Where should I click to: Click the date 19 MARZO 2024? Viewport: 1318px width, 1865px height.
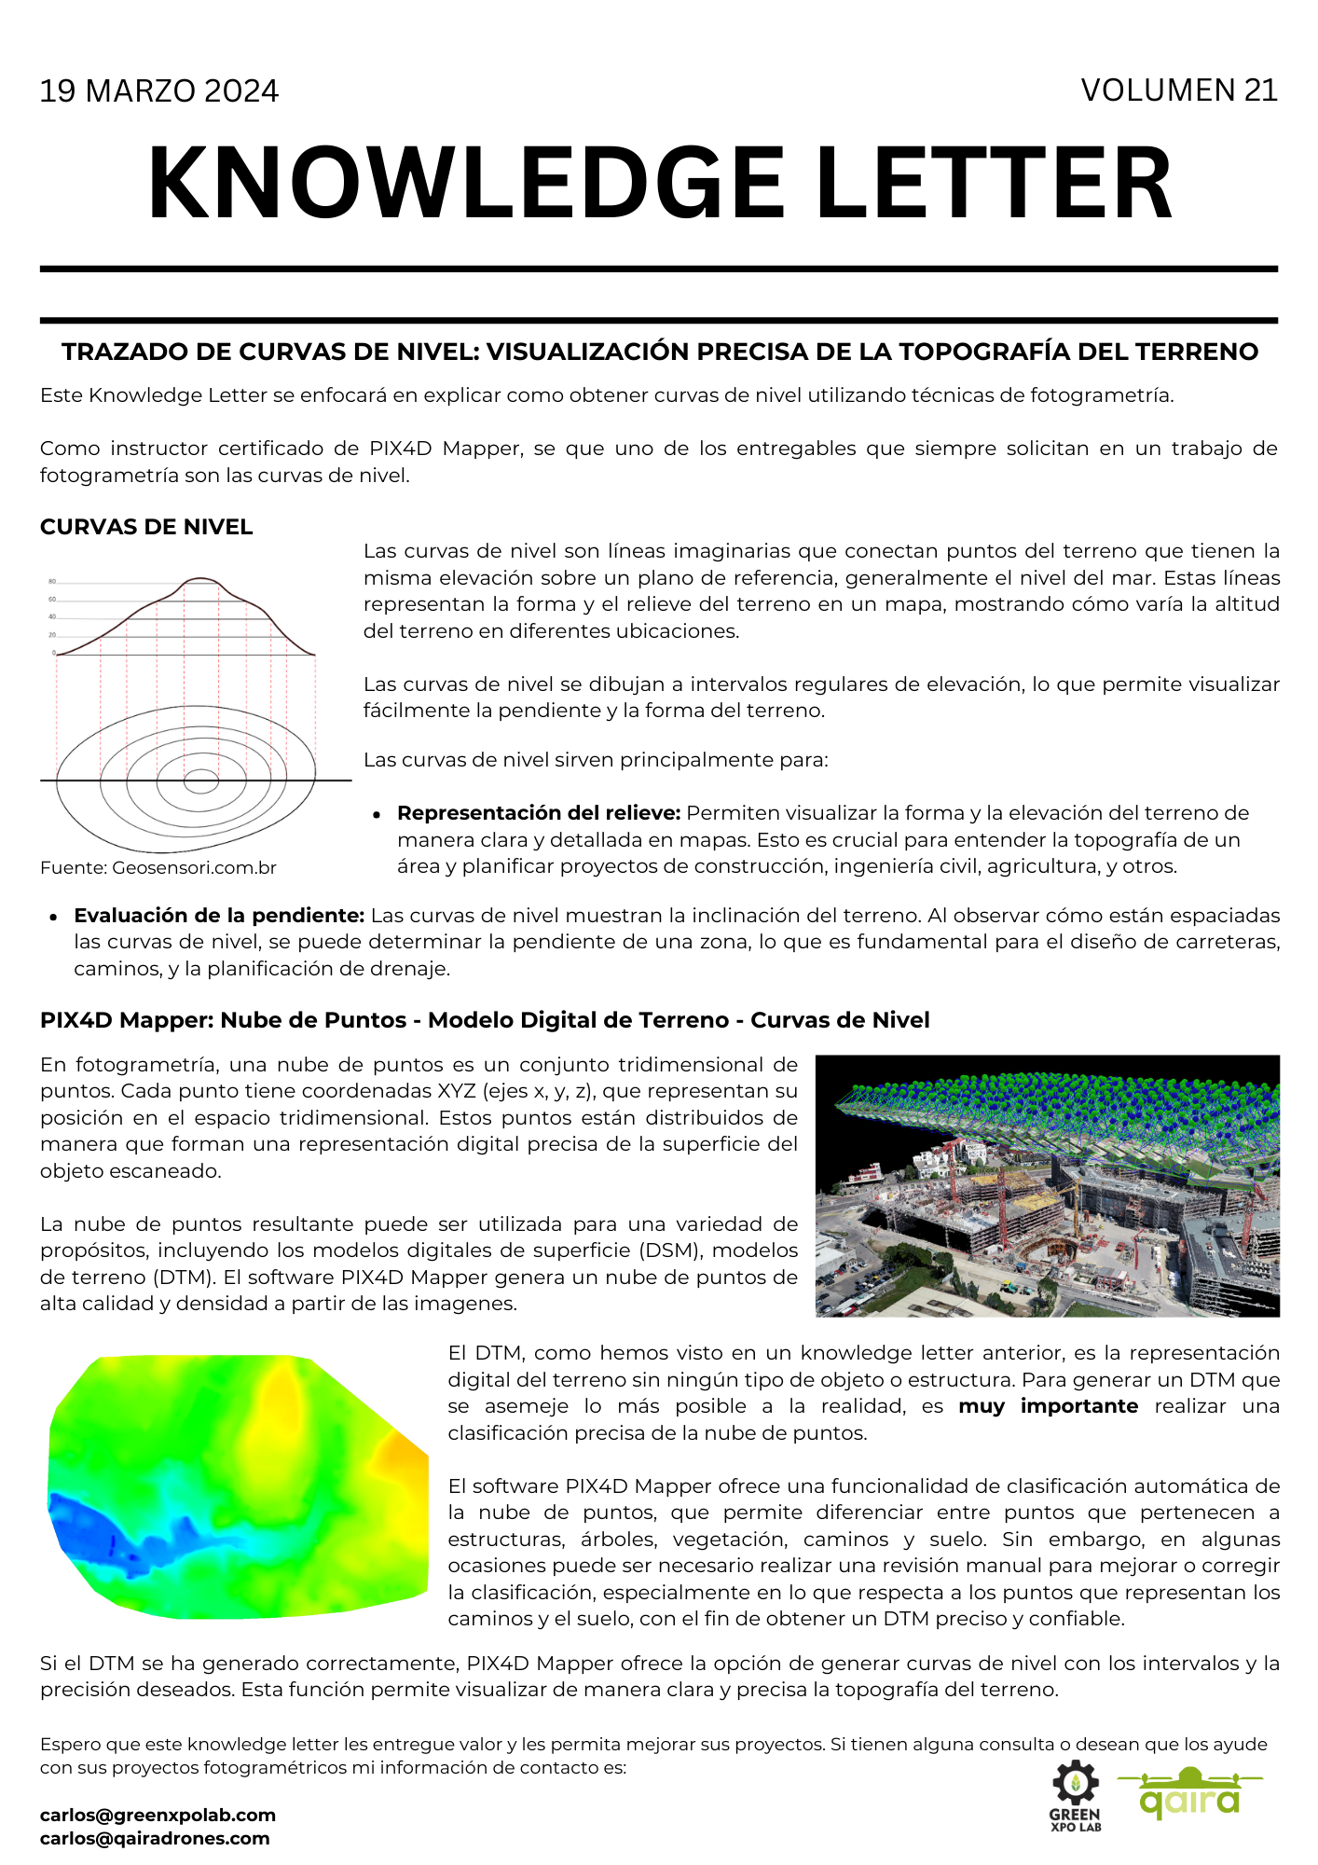click(x=158, y=91)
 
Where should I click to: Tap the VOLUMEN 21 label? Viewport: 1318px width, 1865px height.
click(x=1178, y=90)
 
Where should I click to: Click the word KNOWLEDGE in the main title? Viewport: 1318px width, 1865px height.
click(x=466, y=184)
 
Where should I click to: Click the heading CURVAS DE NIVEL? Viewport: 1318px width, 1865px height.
click(x=146, y=527)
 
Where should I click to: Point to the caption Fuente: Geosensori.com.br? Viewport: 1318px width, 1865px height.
click(x=158, y=868)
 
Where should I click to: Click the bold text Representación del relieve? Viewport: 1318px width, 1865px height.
click(x=539, y=813)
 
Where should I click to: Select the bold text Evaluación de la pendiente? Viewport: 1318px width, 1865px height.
click(x=219, y=916)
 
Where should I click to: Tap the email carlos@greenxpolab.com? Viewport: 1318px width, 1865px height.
click(x=158, y=1815)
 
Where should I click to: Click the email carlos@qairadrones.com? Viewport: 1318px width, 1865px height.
click(x=155, y=1838)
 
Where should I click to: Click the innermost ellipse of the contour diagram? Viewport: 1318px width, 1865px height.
click(x=199, y=780)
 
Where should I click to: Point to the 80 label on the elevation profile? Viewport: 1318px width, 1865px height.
click(x=52, y=582)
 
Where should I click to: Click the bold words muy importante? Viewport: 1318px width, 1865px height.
click(x=1048, y=1406)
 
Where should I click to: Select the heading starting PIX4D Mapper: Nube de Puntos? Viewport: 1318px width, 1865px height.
click(x=485, y=1020)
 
